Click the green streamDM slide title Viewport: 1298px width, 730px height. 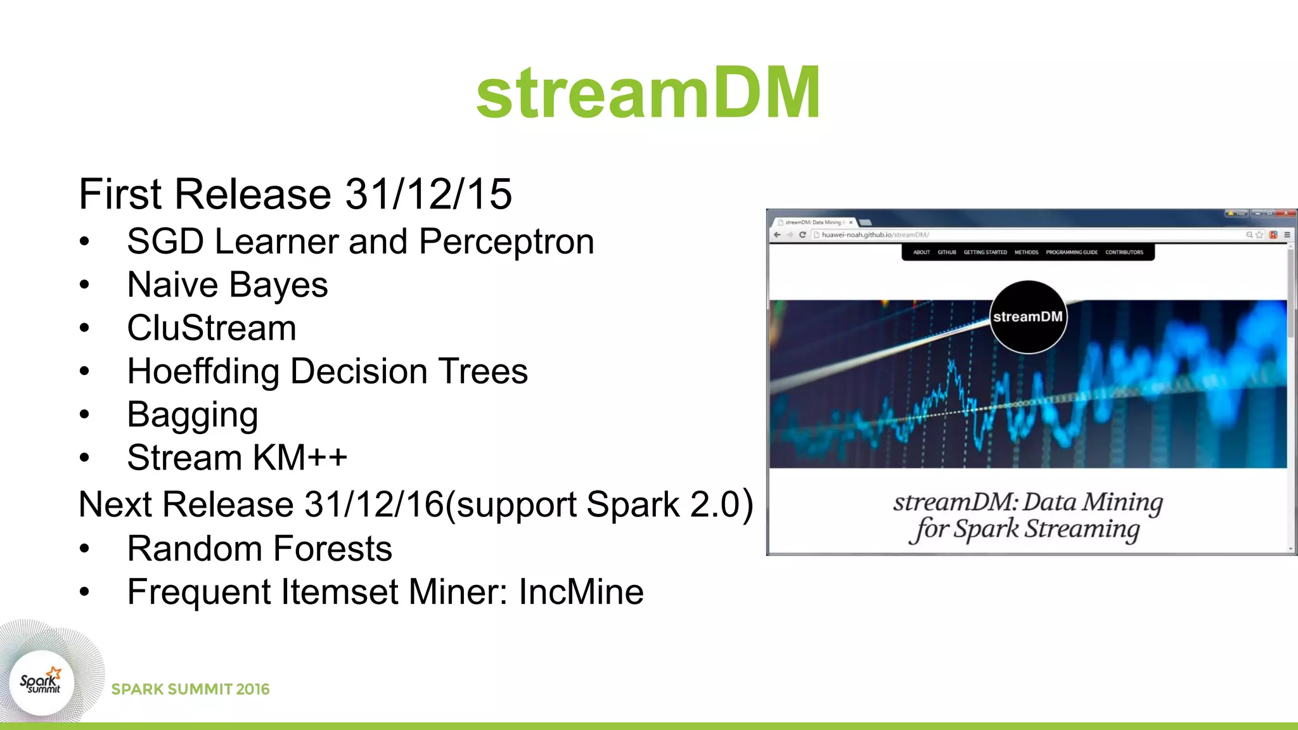click(x=648, y=93)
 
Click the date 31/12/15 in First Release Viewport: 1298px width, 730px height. click(x=428, y=194)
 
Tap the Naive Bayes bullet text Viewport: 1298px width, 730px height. click(x=228, y=285)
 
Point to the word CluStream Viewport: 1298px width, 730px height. click(x=212, y=328)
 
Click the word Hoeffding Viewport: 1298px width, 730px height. click(x=203, y=371)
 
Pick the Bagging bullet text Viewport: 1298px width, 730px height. click(x=193, y=415)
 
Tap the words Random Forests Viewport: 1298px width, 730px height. click(x=259, y=549)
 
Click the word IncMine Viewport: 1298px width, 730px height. click(x=581, y=592)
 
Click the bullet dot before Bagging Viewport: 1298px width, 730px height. click(x=85, y=415)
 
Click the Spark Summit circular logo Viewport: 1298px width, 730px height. click(x=41, y=682)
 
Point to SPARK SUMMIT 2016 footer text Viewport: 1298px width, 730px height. click(x=190, y=689)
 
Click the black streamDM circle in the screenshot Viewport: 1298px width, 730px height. click(x=1027, y=317)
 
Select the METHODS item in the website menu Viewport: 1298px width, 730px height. click(x=1026, y=252)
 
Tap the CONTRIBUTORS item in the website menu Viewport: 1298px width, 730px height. click(x=1124, y=252)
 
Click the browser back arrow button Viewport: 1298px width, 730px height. click(x=777, y=234)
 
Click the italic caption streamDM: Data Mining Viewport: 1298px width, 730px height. click(x=1027, y=502)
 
